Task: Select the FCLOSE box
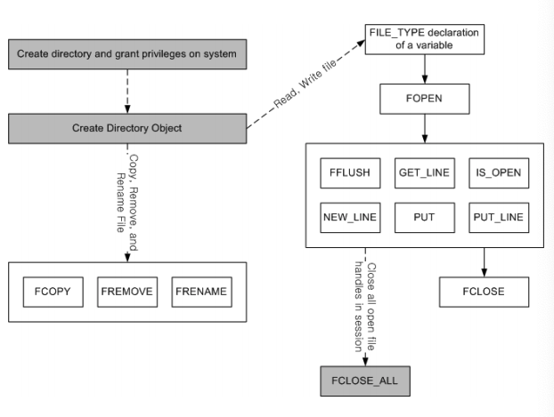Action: tap(484, 291)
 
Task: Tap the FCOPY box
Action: tap(53, 291)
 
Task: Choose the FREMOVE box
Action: tap(127, 291)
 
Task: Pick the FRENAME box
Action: tap(201, 291)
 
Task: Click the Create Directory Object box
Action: tap(127, 128)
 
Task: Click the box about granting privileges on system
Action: tap(127, 55)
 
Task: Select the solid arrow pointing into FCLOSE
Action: tap(484, 261)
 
